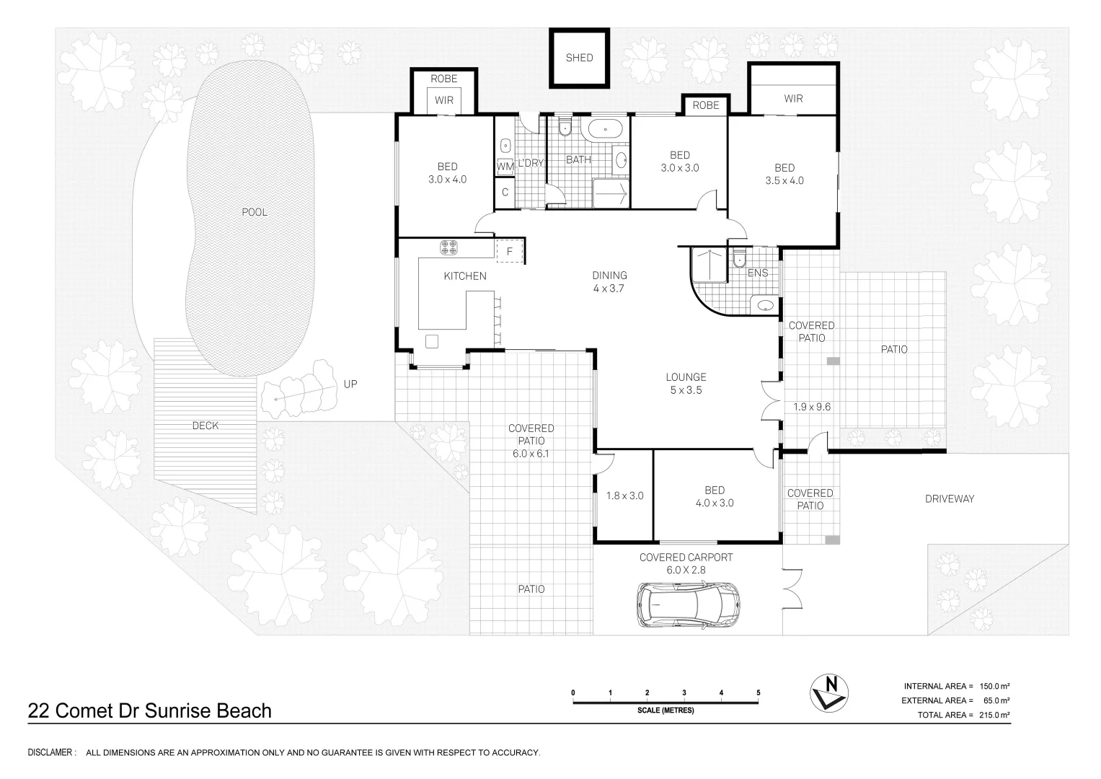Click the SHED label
point(579,58)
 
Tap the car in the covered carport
point(689,604)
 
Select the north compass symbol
point(828,693)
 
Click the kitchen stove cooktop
point(448,247)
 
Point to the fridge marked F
point(509,251)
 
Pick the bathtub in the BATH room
point(605,129)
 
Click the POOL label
point(255,212)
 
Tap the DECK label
point(205,426)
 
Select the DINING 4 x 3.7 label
point(609,282)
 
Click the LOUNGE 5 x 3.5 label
point(686,384)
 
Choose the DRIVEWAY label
point(950,498)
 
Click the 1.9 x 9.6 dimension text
point(812,407)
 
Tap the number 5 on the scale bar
point(759,692)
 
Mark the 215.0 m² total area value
point(994,715)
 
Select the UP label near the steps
point(350,384)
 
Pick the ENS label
point(757,273)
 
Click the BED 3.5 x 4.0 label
point(784,174)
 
